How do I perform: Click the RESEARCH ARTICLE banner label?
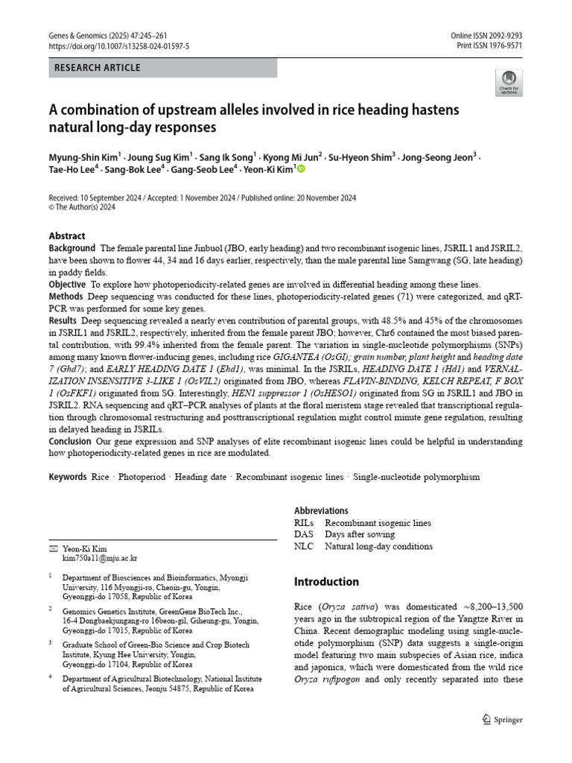point(97,69)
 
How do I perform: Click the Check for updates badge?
point(509,82)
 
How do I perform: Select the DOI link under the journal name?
point(119,46)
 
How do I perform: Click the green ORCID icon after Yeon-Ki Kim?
point(301,170)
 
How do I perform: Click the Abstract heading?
point(67,236)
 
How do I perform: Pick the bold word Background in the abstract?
point(72,248)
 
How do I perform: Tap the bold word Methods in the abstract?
point(67,296)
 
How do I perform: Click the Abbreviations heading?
point(321,510)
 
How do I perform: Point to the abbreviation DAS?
point(304,534)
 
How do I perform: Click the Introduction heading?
point(326,582)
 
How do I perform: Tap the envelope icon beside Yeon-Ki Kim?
point(52,548)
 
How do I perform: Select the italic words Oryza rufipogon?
point(328,680)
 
